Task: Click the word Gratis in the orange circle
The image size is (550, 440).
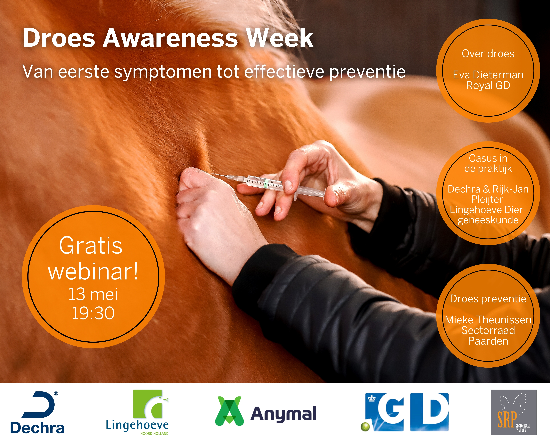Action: coord(91,246)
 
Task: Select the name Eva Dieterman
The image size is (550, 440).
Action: coord(488,75)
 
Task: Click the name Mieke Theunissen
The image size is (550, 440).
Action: coord(488,320)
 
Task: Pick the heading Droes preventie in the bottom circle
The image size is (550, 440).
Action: coord(488,299)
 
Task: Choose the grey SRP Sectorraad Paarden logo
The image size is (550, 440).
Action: coord(513,412)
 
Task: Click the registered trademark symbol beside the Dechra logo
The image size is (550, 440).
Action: coord(56,394)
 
